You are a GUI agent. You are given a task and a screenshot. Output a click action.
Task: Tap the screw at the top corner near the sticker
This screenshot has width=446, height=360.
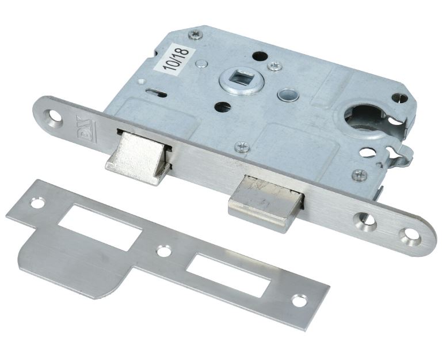pos(196,35)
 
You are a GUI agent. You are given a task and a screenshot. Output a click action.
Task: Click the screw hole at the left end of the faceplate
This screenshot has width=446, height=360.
pos(55,117)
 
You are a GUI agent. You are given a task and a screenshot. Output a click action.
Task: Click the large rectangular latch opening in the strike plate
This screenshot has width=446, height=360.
pos(100,228)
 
